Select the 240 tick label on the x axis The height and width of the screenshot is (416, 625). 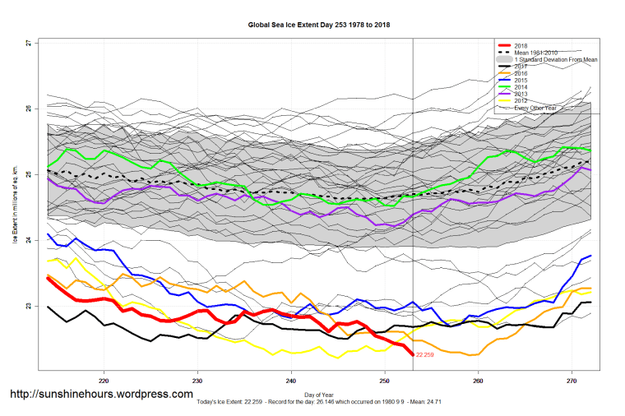[x=291, y=381]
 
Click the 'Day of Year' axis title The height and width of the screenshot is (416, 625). [x=319, y=393]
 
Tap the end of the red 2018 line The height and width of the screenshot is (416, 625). [x=413, y=354]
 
